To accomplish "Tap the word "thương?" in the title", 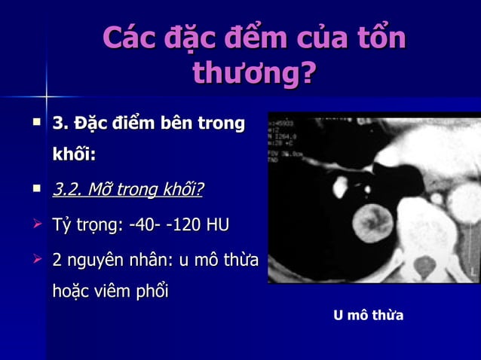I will pos(253,73).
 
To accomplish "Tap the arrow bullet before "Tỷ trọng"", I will pos(36,224).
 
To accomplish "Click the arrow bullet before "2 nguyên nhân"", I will pos(36,261).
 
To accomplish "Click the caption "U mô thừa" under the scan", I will pos(369,316).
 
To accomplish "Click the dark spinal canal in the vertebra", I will pos(425,265).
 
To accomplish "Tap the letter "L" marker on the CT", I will pos(473,270).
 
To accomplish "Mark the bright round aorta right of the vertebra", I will pos(463,203).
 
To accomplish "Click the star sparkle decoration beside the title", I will pos(47,96).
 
